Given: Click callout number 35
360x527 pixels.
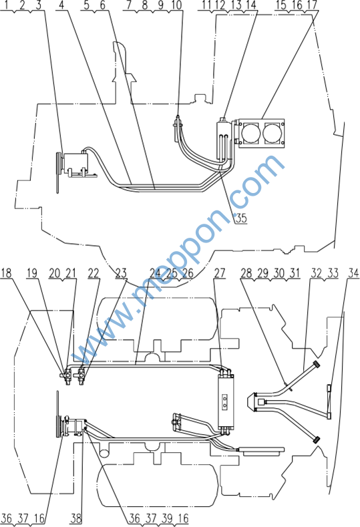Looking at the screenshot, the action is [x=241, y=218].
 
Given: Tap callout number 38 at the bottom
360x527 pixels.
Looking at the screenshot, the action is [x=76, y=518].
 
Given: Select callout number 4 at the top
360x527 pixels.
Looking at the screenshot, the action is [x=61, y=5].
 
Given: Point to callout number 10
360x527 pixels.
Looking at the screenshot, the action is [x=176, y=5].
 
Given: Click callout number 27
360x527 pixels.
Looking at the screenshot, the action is [x=220, y=273].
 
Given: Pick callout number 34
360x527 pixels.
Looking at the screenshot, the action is [x=353, y=273].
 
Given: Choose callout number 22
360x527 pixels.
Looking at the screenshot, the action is [x=94, y=273].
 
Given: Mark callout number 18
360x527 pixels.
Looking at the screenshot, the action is [x=6, y=273].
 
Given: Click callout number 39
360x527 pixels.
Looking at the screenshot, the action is [x=167, y=518].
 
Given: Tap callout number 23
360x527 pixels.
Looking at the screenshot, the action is [x=121, y=273].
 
